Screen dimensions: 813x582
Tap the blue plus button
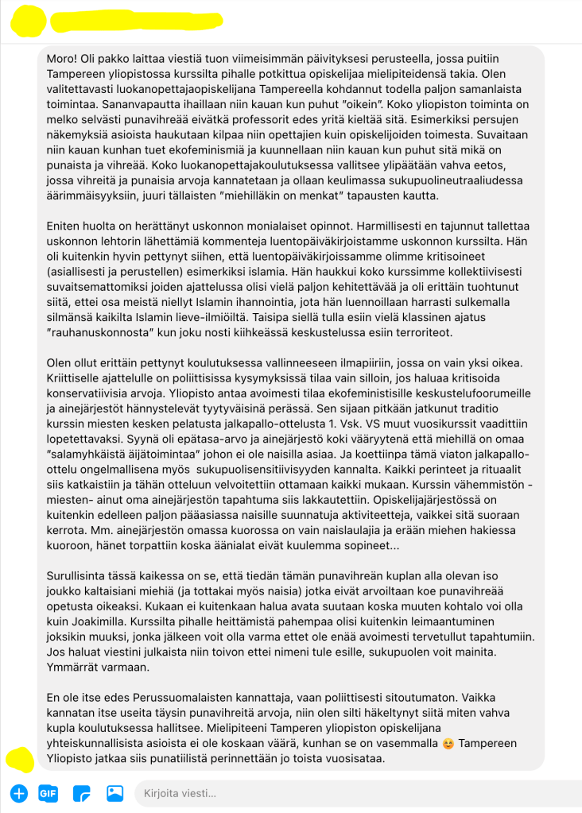point(19,792)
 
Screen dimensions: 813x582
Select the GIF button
point(48,792)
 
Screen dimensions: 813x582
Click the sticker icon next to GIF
point(81,792)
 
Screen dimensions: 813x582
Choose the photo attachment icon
point(114,792)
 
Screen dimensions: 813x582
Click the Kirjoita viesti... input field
point(350,792)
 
